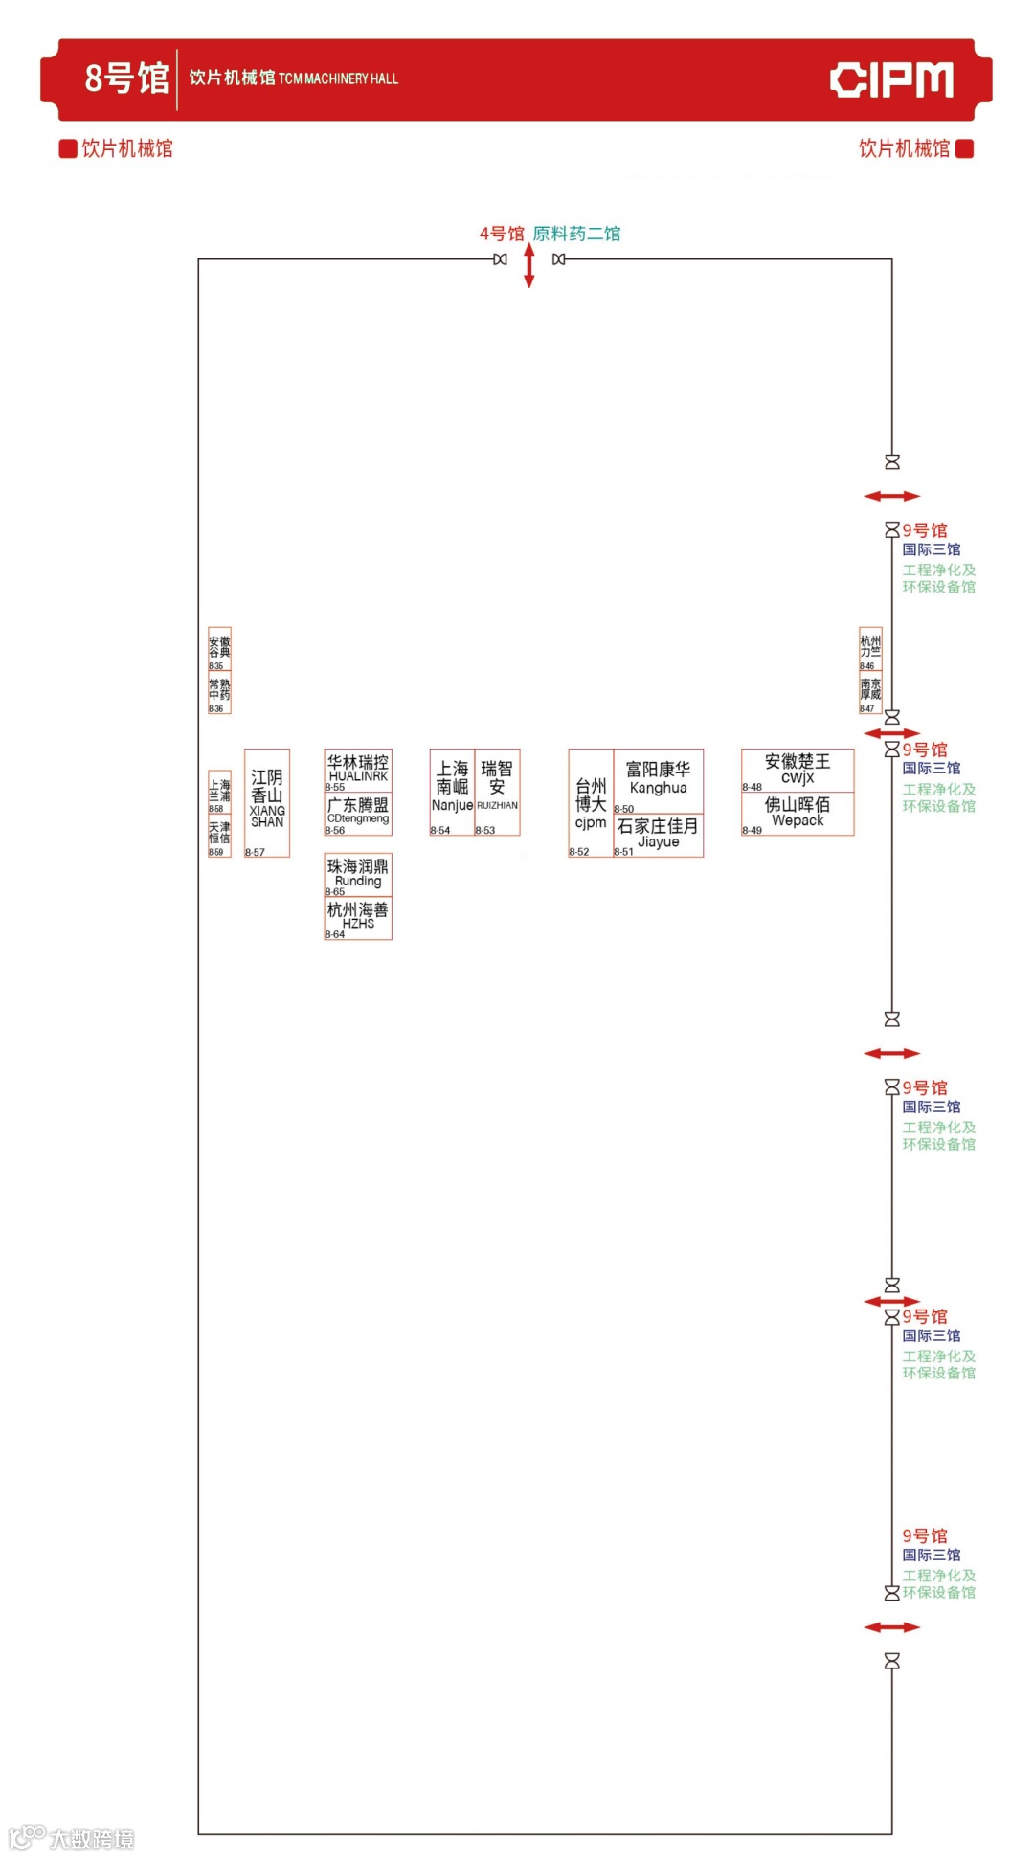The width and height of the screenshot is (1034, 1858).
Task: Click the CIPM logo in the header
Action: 891,79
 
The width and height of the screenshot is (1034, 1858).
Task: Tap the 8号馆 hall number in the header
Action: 126,78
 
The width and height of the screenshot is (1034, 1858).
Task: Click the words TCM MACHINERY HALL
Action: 338,79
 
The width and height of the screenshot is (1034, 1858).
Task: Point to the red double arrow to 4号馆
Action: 528,265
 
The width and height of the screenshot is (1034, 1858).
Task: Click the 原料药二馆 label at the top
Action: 576,234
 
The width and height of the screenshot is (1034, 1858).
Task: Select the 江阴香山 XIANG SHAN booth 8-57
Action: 267,802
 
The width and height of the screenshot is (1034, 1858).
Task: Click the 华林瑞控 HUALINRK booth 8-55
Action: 358,771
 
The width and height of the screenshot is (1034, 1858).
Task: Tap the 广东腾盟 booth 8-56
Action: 358,814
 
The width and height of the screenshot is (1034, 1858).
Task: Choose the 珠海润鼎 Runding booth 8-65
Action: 358,875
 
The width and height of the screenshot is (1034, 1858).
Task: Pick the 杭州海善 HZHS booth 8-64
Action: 358,918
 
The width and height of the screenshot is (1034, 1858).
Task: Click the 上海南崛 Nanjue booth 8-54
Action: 452,792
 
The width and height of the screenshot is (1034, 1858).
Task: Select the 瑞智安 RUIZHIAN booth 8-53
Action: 497,792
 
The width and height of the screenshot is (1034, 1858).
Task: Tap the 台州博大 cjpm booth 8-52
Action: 591,802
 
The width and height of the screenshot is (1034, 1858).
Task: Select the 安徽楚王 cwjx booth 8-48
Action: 798,771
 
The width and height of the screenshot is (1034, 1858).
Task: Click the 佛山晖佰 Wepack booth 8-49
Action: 798,814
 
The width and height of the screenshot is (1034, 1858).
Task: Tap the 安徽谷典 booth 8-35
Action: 219,650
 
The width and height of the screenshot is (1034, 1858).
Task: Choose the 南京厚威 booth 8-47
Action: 870,693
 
